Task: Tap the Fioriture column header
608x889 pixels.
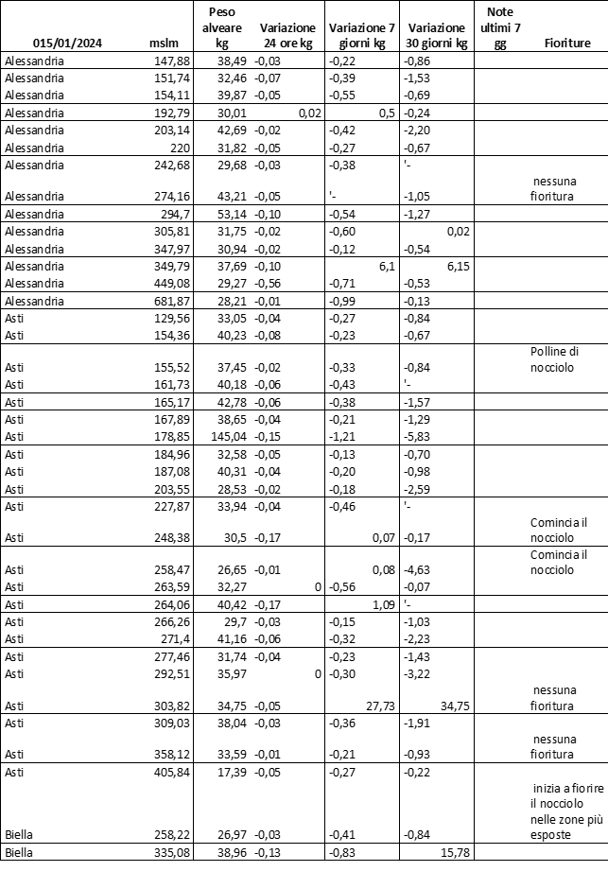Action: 567,44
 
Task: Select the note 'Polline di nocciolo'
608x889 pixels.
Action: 560,358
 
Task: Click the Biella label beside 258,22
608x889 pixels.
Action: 20,835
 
